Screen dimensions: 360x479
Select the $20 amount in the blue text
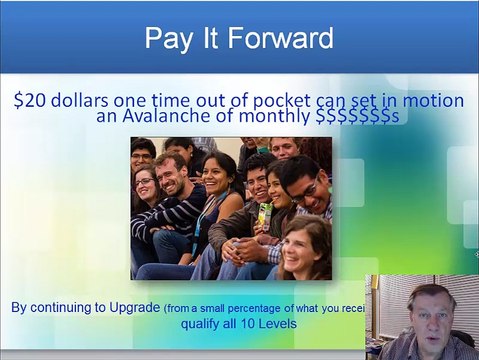pyautogui.click(x=31, y=101)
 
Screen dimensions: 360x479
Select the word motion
pyautogui.click(x=433, y=101)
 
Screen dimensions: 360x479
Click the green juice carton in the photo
pyautogui.click(x=265, y=214)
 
